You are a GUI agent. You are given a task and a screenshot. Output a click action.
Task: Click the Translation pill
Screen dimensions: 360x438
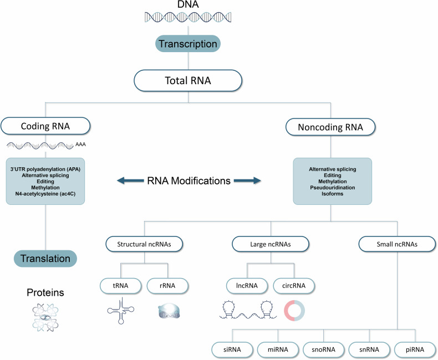pos(45,258)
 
